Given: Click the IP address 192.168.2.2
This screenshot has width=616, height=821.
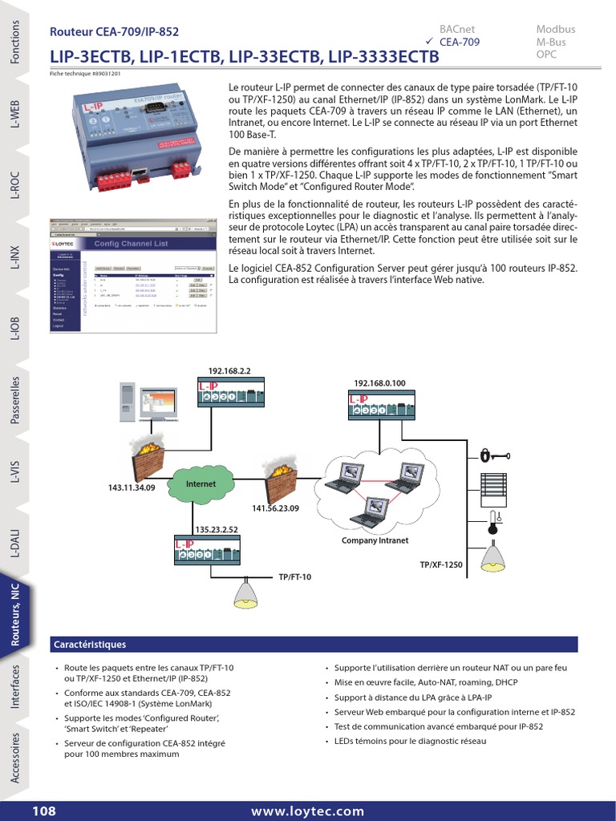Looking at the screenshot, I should coord(229,371).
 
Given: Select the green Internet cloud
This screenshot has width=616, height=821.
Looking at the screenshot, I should coord(201,485).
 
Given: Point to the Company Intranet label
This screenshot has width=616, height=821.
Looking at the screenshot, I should coord(375,540).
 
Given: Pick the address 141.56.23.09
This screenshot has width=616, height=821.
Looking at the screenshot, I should coord(275,508).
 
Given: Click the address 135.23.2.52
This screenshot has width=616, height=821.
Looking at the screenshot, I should coord(217,529).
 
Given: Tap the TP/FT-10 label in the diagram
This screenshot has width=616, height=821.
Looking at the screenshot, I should coord(294,576).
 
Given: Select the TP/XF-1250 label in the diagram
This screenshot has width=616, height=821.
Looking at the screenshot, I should coord(441,565).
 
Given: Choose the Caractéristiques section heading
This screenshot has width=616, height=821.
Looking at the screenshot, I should coord(90,644).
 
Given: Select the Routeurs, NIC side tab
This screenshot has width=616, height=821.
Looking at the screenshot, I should coord(16,613).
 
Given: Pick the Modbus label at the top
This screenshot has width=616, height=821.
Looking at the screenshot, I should coord(555,29).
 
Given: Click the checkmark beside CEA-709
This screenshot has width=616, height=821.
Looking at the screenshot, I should coord(429,41).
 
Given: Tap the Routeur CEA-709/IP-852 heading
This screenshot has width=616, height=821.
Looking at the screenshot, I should coord(114,32).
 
